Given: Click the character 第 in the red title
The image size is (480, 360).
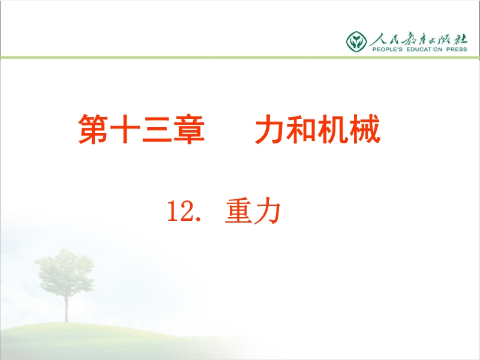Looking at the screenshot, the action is click(x=93, y=129).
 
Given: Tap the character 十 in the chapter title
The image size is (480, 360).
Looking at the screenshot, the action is click(x=125, y=129).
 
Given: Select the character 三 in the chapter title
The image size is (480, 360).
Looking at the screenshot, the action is click(x=157, y=129).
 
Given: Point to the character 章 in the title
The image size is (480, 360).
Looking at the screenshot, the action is click(x=189, y=129).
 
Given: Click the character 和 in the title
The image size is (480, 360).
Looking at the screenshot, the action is click(x=301, y=129).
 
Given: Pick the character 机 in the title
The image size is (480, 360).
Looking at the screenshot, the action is click(x=333, y=129).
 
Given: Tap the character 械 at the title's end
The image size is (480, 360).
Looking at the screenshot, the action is click(x=365, y=129).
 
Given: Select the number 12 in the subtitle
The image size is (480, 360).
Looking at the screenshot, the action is click(x=179, y=211).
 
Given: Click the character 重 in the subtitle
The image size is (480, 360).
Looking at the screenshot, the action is click(x=238, y=211).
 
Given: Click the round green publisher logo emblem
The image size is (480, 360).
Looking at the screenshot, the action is click(x=356, y=41).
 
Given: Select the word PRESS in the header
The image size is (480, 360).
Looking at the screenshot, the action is click(x=457, y=49).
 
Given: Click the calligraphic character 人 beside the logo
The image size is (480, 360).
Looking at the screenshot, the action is click(x=377, y=39).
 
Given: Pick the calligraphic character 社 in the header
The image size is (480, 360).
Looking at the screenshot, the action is click(x=460, y=39).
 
